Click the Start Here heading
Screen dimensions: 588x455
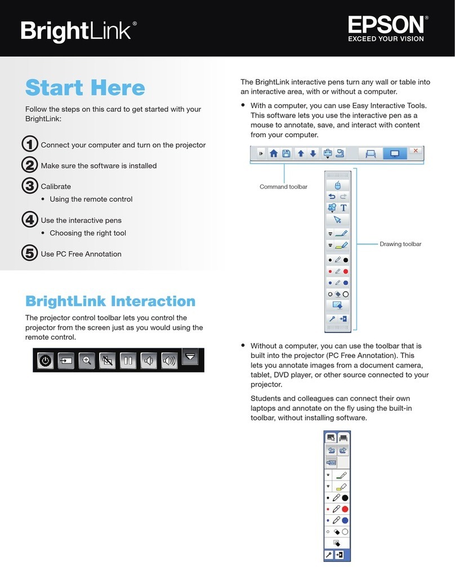[x=85, y=88]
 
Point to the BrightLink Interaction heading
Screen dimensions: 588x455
[x=110, y=301]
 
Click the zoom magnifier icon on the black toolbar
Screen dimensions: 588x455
[x=86, y=360]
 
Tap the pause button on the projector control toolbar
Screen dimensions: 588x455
[x=128, y=360]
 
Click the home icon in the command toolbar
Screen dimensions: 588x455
[x=273, y=153]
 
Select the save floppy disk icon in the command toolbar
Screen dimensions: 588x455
[x=286, y=153]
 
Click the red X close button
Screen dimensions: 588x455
[x=416, y=151]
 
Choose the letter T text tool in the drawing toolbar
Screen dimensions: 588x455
[x=344, y=208]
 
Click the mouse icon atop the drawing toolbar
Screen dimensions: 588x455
[x=338, y=185]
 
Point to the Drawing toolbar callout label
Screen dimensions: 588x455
[x=400, y=244]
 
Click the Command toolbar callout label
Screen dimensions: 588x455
[x=283, y=187]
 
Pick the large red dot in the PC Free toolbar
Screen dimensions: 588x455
[x=345, y=509]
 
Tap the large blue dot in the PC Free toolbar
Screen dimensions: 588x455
[x=345, y=520]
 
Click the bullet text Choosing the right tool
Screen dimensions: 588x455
[x=88, y=233]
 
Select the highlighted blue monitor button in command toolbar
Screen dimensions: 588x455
[x=394, y=153]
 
